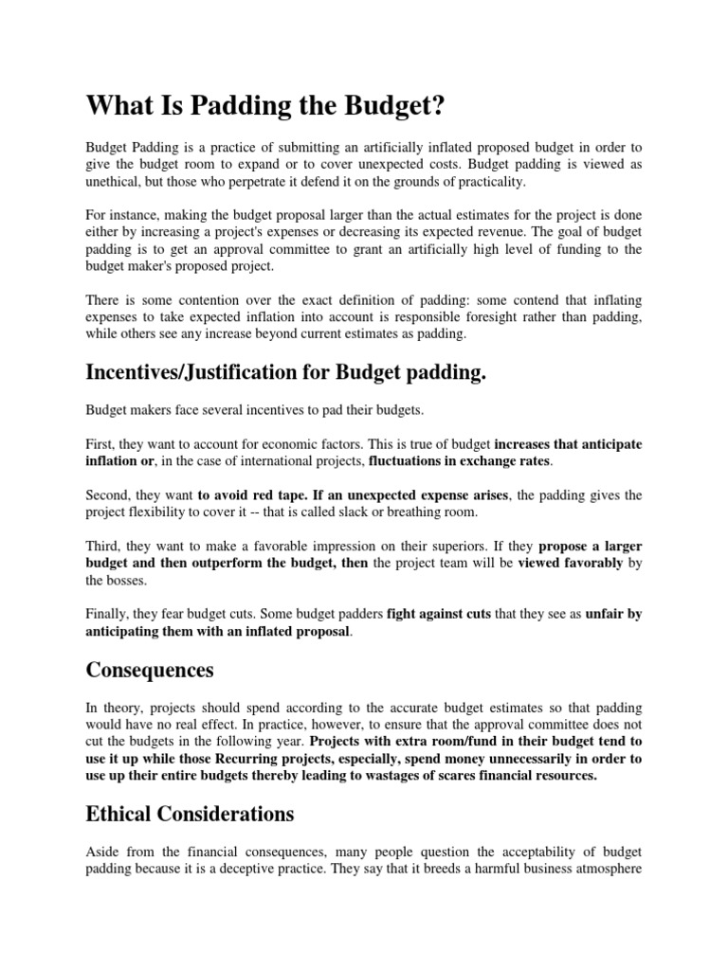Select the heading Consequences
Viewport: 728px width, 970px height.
[150, 670]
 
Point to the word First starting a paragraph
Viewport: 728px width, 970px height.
[100, 443]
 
